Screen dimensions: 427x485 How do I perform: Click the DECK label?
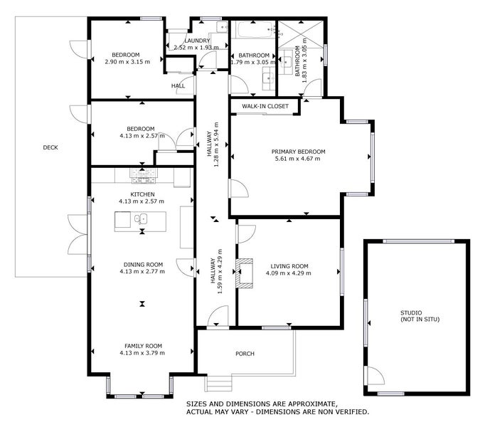pyautogui.click(x=50, y=147)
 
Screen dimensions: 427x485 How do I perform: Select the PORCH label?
pyautogui.click(x=245, y=354)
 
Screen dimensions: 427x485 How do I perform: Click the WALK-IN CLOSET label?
pyautogui.click(x=265, y=106)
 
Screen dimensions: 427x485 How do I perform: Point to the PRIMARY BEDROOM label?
pyautogui.click(x=298, y=152)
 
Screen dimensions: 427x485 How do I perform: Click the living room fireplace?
pyautogui.click(x=246, y=274)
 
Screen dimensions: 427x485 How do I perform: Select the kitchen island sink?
pyautogui.click(x=142, y=219)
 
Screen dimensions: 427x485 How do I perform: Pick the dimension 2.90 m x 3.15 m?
pyautogui.click(x=125, y=62)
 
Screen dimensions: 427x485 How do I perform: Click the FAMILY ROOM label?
pyautogui.click(x=142, y=345)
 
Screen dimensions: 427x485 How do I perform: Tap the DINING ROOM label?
pyautogui.click(x=142, y=264)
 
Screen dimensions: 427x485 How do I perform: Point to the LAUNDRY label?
pyautogui.click(x=197, y=41)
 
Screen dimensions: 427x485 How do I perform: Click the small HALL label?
pyautogui.click(x=178, y=86)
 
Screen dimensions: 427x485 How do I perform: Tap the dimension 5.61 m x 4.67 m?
pyautogui.click(x=298, y=159)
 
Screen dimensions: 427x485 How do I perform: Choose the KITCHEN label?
pyautogui.click(x=142, y=194)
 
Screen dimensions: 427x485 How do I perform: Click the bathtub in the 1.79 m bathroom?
pyautogui.click(x=253, y=31)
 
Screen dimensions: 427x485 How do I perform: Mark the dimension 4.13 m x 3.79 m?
pyautogui.click(x=142, y=352)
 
